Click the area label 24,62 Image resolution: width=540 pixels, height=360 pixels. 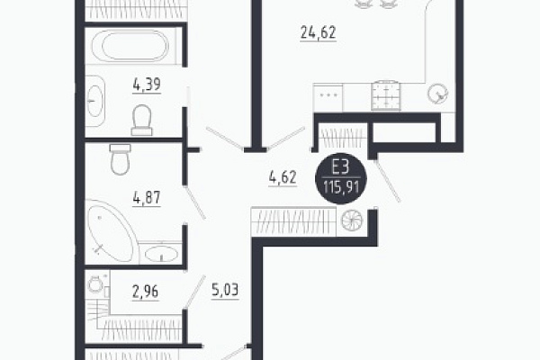pyautogui.click(x=319, y=32)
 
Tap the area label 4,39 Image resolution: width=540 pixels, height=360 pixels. pyautogui.click(x=147, y=85)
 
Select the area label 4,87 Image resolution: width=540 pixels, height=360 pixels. pyautogui.click(x=147, y=198)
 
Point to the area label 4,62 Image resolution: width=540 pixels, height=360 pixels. pyautogui.click(x=283, y=178)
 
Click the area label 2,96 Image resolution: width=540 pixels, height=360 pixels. pyautogui.click(x=145, y=292)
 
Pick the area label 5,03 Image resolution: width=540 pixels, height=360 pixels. pyautogui.click(x=225, y=291)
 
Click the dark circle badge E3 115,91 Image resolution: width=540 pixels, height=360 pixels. pyautogui.click(x=341, y=178)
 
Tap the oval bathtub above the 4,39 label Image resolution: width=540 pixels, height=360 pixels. pyautogui.click(x=135, y=46)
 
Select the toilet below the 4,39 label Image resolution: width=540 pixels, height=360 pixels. pyautogui.click(x=141, y=120)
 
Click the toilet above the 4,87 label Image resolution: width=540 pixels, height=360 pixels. pyautogui.click(x=121, y=159)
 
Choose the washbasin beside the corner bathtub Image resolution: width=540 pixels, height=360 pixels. pyautogui.click(x=161, y=254)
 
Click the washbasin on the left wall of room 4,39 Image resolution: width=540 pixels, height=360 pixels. pyautogui.click(x=95, y=101)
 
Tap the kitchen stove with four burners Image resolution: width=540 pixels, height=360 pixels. pyautogui.click(x=386, y=96)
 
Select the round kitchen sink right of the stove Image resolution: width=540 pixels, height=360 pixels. pyautogui.click(x=437, y=94)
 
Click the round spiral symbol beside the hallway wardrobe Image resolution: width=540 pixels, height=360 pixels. pyautogui.click(x=352, y=220)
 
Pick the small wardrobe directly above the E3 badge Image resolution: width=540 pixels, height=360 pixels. pyautogui.click(x=343, y=138)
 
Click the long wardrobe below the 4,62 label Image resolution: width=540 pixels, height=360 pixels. pyautogui.click(x=293, y=222)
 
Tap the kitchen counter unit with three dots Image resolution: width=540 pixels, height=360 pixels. pyautogui.click(x=328, y=97)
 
